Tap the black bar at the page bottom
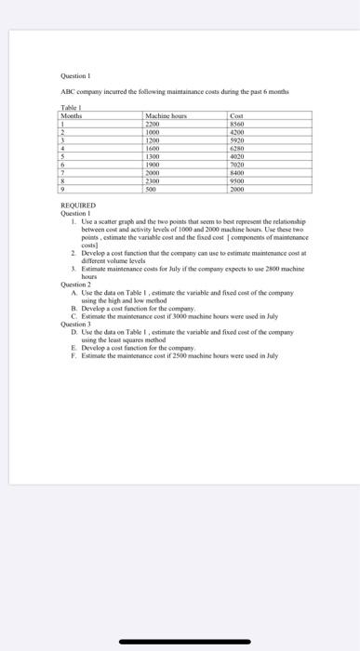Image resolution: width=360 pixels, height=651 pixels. click(x=180, y=639)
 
